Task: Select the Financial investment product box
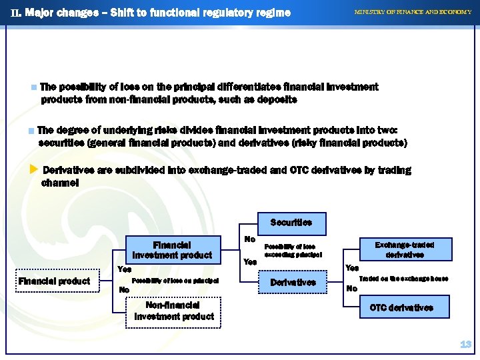(x=172, y=250)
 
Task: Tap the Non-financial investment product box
(x=174, y=311)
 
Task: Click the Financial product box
(x=55, y=281)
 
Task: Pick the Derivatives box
(x=293, y=282)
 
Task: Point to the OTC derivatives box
(x=401, y=307)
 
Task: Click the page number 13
(x=465, y=345)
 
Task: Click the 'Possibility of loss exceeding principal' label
(x=293, y=251)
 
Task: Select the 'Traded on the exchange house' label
(x=403, y=278)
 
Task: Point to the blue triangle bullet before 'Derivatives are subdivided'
(x=34, y=170)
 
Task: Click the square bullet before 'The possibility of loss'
(x=34, y=87)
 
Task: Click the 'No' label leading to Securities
(x=250, y=239)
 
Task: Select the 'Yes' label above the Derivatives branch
(x=250, y=262)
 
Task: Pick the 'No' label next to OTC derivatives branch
(x=351, y=289)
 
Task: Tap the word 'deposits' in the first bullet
(x=276, y=99)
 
